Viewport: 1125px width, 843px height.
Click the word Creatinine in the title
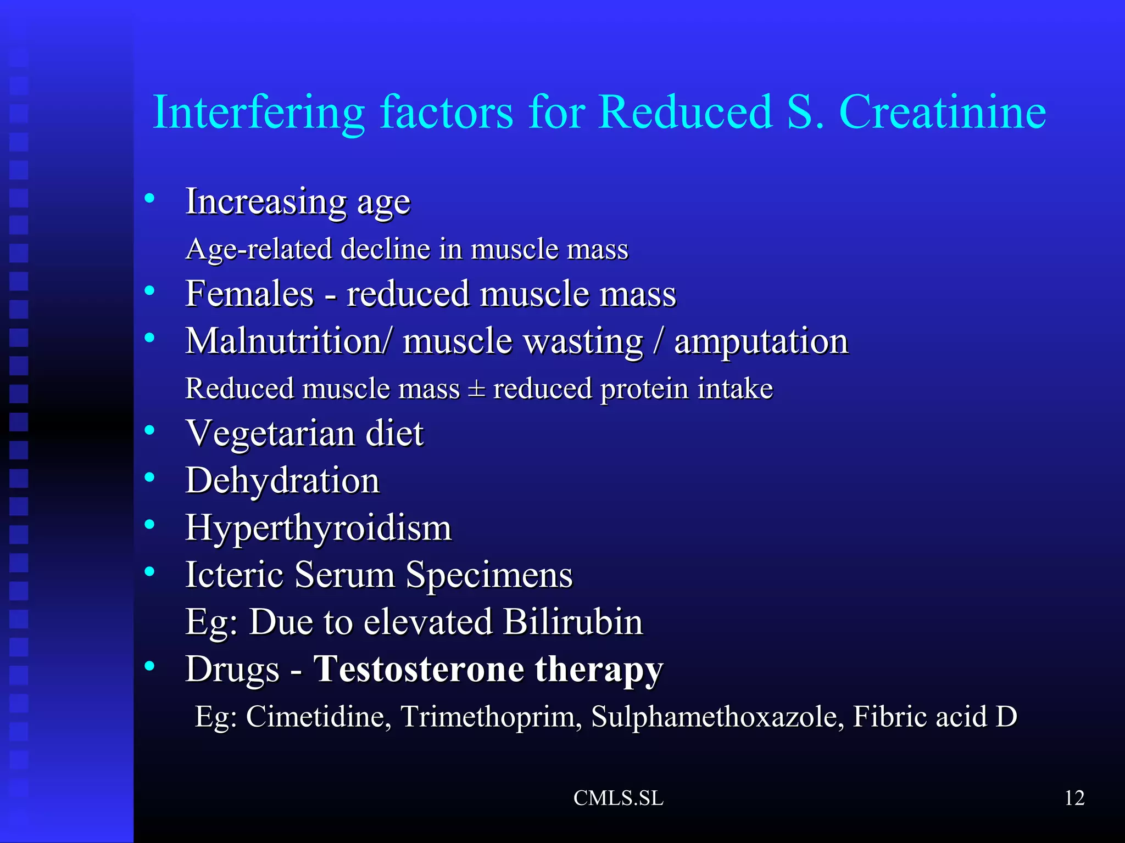coord(942,113)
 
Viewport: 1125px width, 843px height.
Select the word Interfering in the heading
coord(259,113)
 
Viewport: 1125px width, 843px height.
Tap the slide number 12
coord(1074,798)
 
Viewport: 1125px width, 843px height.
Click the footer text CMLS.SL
coord(619,798)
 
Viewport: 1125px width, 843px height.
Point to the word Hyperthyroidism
coord(319,529)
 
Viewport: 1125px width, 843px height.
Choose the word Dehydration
coord(282,481)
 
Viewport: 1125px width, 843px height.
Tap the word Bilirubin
coord(572,622)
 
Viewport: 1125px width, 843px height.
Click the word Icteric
coord(235,575)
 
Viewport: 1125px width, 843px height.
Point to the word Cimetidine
coord(318,717)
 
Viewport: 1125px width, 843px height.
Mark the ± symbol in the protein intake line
coord(476,389)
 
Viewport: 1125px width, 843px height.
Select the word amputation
coord(761,341)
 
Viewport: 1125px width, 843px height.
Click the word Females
coord(249,294)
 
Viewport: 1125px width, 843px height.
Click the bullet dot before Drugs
coord(149,666)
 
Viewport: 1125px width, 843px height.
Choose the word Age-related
coord(259,250)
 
